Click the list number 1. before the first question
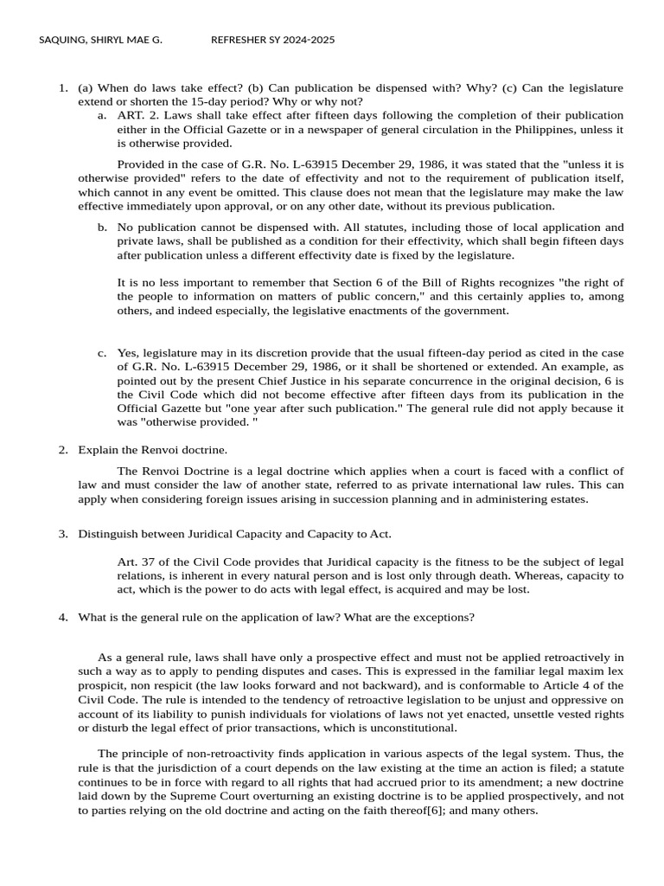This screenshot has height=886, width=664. pyautogui.click(x=62, y=87)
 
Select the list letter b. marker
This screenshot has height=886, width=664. pyautogui.click(x=102, y=228)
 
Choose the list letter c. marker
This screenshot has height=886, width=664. pyautogui.click(x=102, y=352)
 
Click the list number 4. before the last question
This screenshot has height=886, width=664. pyautogui.click(x=62, y=617)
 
